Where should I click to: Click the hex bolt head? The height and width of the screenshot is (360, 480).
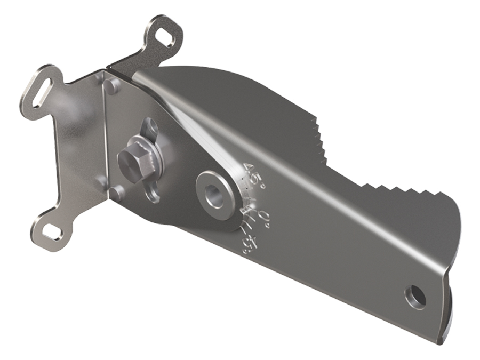pos(130,159)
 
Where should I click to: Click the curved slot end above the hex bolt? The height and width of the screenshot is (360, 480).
pos(148,129)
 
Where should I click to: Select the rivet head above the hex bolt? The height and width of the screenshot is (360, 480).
pos(109,85)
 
